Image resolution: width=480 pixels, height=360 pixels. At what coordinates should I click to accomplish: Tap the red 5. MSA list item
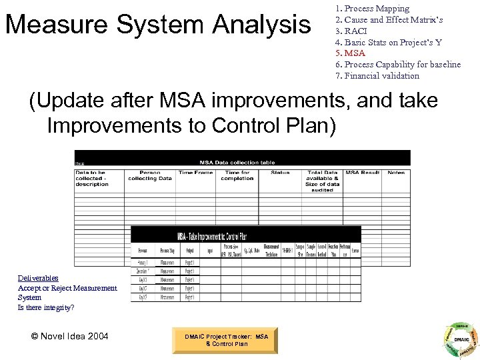pos(350,53)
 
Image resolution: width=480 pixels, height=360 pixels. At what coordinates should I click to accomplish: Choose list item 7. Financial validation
pos(377,75)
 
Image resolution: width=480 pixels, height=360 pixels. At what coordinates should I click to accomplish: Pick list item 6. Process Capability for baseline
pos(398,65)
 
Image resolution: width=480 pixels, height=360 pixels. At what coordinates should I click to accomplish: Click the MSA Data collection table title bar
pos(237,162)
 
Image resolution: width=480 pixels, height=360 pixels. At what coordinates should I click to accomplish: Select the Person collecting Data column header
pos(150,175)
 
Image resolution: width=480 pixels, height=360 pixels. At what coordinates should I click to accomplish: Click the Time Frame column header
pos(195,173)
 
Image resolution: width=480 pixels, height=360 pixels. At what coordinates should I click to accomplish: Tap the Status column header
pos(280,173)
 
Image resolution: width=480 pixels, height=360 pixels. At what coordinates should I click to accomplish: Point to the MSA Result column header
pos(362,173)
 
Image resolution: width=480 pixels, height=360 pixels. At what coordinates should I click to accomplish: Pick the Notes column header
pos(396,173)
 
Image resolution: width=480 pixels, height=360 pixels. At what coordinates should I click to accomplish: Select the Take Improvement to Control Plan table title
pos(212,236)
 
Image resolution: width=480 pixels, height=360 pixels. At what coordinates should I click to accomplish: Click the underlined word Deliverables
pos(38,278)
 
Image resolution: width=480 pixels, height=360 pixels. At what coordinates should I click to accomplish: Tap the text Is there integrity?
pos(46,307)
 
